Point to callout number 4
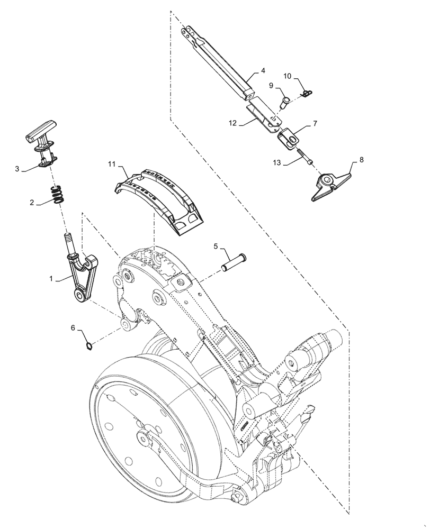pyautogui.click(x=263, y=70)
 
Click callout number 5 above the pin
pyautogui.click(x=216, y=246)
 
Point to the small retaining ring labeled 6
pyautogui.click(x=89, y=346)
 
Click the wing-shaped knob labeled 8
pyautogui.click(x=332, y=185)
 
